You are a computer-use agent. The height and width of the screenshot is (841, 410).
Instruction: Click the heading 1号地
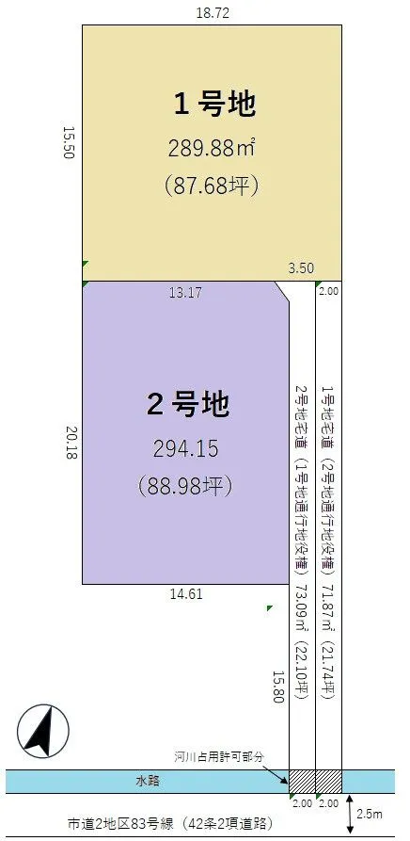click(214, 105)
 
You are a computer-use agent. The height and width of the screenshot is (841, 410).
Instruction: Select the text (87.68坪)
click(212, 185)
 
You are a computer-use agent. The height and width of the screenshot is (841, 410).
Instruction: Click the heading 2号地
click(188, 405)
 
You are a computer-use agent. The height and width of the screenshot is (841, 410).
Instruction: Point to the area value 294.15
click(187, 448)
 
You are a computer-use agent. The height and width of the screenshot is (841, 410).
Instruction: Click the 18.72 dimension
click(212, 13)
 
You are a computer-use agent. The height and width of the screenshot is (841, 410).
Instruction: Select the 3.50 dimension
click(301, 268)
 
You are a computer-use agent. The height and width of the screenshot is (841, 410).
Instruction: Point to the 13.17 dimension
click(185, 293)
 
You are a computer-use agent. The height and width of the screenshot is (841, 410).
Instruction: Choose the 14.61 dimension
click(185, 594)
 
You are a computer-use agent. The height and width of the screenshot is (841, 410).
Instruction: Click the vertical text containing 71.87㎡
click(328, 542)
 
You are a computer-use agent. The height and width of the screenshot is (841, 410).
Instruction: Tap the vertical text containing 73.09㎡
click(302, 542)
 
